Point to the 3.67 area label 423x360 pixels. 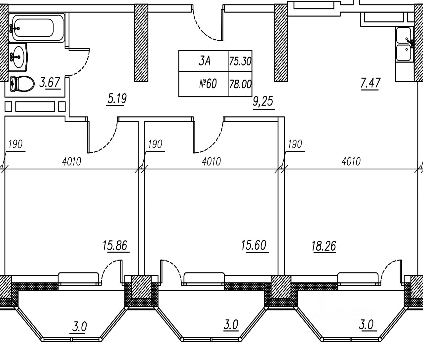click(50, 83)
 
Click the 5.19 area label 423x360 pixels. click(117, 98)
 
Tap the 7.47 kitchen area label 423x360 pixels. click(370, 83)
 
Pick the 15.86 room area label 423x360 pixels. click(115, 246)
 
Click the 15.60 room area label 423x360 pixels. click(254, 246)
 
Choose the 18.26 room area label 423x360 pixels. click(324, 246)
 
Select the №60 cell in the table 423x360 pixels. click(208, 84)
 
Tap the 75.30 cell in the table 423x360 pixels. click(240, 61)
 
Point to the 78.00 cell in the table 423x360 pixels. click(240, 84)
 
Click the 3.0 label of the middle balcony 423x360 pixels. click(231, 325)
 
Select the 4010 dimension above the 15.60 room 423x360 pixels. click(211, 162)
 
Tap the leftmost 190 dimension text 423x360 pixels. click(15, 144)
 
